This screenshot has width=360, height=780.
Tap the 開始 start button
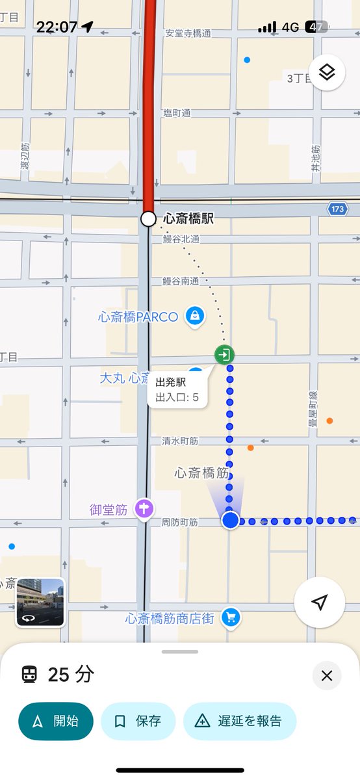tap(56, 721)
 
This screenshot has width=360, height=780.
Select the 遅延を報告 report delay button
tap(240, 721)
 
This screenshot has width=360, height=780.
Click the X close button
tap(327, 676)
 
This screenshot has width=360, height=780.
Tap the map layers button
tap(327, 72)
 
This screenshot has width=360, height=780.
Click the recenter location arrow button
tap(319, 603)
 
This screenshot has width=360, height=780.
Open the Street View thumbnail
tap(40, 603)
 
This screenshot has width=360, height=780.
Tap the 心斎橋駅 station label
tap(188, 219)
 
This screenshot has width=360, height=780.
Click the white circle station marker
tap(148, 219)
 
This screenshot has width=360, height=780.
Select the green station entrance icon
tap(224, 355)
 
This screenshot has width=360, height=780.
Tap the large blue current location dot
tap(230, 521)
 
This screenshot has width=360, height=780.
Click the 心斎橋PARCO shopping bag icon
tap(195, 317)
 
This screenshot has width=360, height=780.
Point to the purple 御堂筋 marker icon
tap(144, 509)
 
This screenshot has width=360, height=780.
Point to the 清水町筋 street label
tap(180, 441)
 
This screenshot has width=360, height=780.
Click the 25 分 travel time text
tap(71, 675)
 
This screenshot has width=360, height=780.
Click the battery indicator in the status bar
tap(316, 27)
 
